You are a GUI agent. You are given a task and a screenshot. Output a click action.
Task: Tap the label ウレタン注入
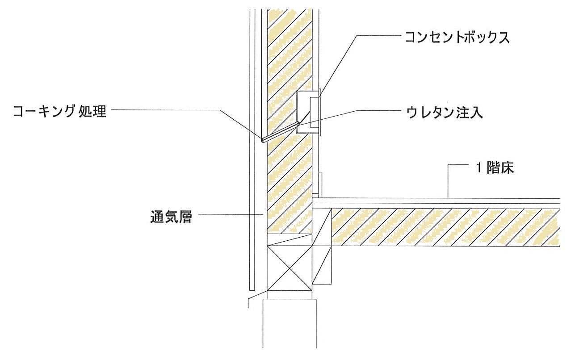[445, 113]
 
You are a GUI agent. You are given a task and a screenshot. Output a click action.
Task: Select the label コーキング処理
[60, 111]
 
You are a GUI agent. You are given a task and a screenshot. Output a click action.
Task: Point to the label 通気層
[171, 217]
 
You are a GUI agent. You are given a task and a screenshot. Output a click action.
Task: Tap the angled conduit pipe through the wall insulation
[281, 132]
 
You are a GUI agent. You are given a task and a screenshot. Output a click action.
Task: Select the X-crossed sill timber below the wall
[289, 268]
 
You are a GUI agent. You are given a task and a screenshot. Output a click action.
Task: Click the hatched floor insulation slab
[445, 227]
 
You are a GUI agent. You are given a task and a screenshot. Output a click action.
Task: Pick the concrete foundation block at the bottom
[289, 323]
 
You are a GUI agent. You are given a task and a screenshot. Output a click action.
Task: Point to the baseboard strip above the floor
[320, 184]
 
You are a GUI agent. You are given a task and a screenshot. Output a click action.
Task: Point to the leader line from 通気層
[231, 214]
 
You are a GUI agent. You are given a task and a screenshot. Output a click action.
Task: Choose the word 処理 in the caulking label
[92, 111]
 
